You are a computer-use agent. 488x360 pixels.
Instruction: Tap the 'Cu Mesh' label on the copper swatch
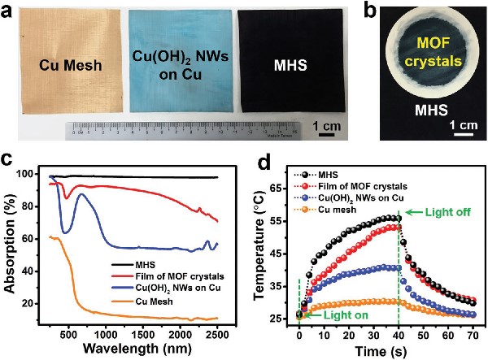click(x=68, y=66)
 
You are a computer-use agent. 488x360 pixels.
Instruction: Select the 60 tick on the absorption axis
click(x=32, y=238)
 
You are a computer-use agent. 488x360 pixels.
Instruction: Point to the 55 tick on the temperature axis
click(x=285, y=219)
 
